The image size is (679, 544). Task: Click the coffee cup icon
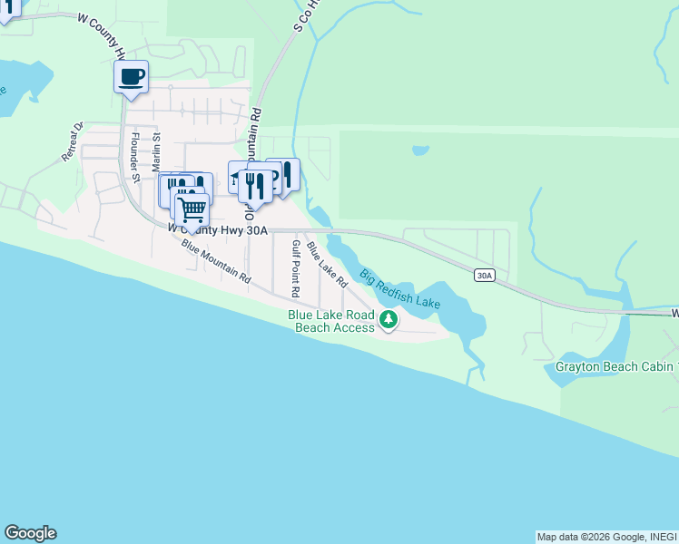pyautogui.click(x=131, y=76)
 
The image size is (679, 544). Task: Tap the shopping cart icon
pyautogui.click(x=191, y=209)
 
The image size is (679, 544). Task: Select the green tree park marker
pyautogui.click(x=389, y=319)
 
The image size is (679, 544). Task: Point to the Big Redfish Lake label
pyautogui.click(x=399, y=289)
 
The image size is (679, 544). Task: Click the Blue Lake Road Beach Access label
pyautogui.click(x=331, y=321)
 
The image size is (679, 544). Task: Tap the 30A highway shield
pyautogui.click(x=484, y=275)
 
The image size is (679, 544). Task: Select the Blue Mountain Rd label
pyautogui.click(x=215, y=264)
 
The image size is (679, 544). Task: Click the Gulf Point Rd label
pyautogui.click(x=295, y=269)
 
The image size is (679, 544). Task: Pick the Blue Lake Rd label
pyautogui.click(x=327, y=265)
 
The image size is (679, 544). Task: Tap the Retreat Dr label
pyautogui.click(x=72, y=141)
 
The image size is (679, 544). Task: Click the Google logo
pyautogui.click(x=30, y=533)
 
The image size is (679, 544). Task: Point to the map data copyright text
pyautogui.click(x=606, y=537)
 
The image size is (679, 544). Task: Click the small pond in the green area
pyautogui.click(x=420, y=151)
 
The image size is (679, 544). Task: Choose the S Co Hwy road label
pyautogui.click(x=303, y=15)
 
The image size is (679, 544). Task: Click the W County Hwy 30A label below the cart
pyautogui.click(x=218, y=230)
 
